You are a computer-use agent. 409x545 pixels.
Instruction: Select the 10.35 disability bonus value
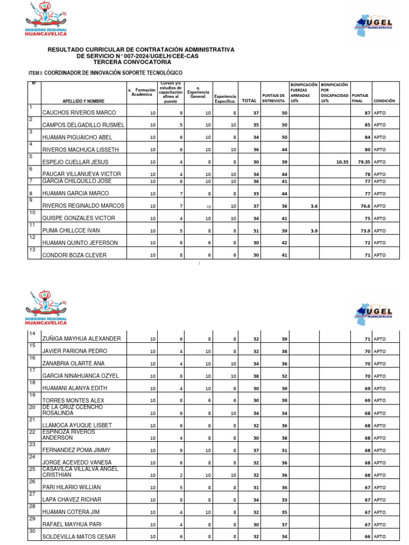(342, 162)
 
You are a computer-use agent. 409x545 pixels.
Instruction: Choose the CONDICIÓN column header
(385, 101)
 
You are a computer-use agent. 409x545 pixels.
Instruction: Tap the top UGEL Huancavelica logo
(375, 24)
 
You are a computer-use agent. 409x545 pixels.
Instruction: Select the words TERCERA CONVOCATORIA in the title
(141, 62)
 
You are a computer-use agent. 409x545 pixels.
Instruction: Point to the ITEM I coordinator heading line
(105, 72)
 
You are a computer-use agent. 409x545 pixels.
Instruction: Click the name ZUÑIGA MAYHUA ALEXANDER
(81, 338)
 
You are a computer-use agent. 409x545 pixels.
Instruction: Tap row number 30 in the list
(32, 531)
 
